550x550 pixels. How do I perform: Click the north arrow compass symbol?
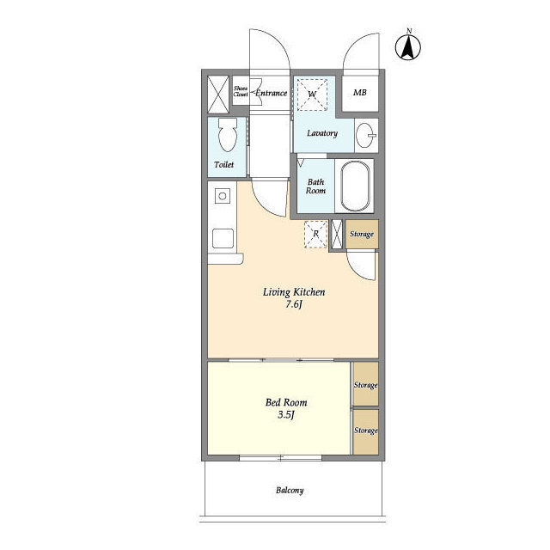[x=410, y=46]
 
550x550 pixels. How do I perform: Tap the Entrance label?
[x=271, y=93]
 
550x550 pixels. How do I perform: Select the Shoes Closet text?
[x=241, y=91]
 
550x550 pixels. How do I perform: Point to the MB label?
[x=360, y=93]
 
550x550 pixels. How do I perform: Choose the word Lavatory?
[x=322, y=133]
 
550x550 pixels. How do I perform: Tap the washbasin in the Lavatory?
[x=366, y=135]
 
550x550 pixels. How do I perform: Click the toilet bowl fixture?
[x=227, y=135]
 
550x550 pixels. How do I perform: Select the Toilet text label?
[x=223, y=164]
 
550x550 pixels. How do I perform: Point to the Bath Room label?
[x=316, y=186]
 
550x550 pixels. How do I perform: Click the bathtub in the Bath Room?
[x=357, y=187]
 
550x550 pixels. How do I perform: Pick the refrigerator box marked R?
[x=315, y=233]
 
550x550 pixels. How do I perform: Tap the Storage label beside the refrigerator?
[x=362, y=234]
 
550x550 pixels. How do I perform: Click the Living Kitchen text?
[x=293, y=292]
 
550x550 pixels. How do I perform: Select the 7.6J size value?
[x=294, y=305]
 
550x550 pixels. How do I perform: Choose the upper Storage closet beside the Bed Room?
[x=365, y=387]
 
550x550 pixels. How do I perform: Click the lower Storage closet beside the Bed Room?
[x=365, y=430]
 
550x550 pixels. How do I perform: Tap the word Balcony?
[x=290, y=491]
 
